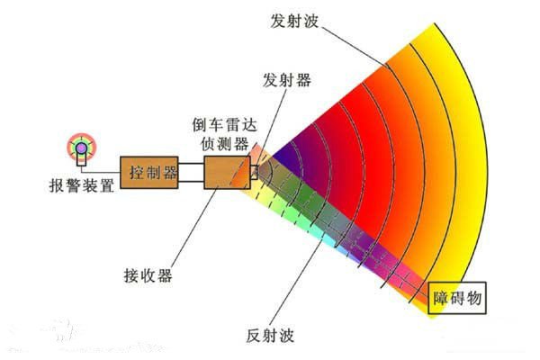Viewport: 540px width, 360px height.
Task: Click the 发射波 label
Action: tap(294, 22)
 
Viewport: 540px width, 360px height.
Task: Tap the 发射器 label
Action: tap(287, 80)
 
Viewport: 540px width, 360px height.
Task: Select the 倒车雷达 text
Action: tap(225, 124)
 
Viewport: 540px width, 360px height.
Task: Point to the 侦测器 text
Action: tap(225, 143)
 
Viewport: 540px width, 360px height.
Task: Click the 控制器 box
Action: tap(149, 172)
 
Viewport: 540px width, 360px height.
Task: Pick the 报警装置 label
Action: tap(82, 185)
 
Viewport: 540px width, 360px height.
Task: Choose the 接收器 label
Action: tap(148, 275)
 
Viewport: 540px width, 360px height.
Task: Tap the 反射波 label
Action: tap(270, 335)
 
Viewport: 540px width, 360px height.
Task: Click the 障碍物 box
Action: tap(457, 298)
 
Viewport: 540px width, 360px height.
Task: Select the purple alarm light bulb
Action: tap(82, 148)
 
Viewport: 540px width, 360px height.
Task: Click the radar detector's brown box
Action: tap(228, 172)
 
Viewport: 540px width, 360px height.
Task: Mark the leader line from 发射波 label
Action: tap(355, 45)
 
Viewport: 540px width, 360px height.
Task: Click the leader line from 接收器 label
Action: tap(193, 228)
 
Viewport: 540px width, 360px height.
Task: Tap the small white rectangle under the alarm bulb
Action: tap(82, 160)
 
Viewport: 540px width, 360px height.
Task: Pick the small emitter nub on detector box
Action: tap(254, 172)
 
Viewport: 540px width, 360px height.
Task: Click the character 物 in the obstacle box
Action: tap(474, 298)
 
